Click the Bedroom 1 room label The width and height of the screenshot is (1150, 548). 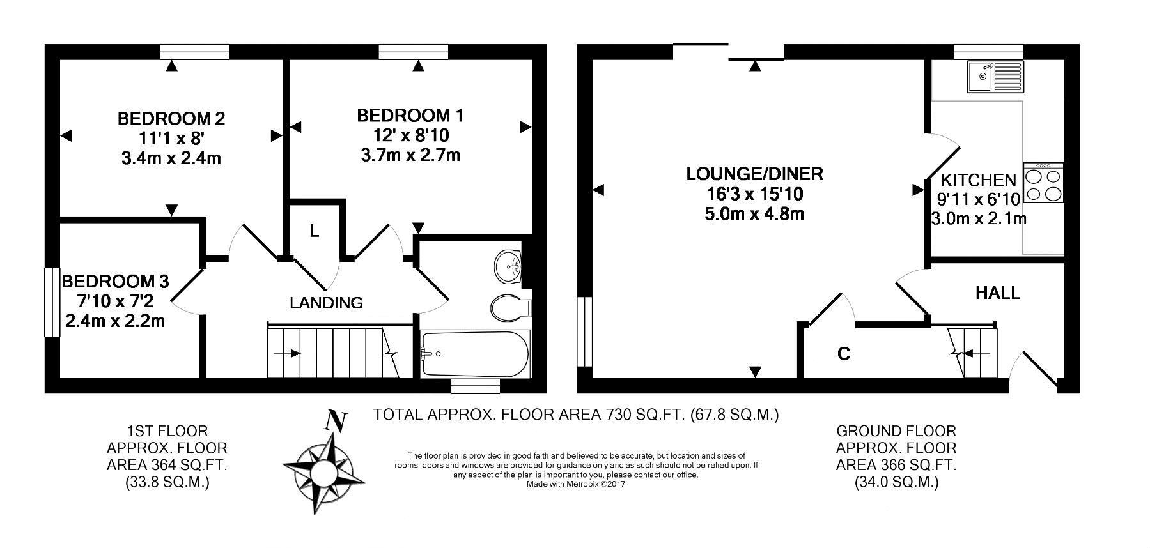[x=410, y=116]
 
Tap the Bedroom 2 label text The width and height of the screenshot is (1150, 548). [x=171, y=119]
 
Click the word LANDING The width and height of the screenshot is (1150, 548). [x=326, y=303]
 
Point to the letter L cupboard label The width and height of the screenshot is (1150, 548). [x=314, y=231]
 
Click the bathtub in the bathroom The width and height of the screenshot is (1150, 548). [x=474, y=353]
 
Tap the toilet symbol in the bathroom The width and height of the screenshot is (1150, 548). [x=509, y=307]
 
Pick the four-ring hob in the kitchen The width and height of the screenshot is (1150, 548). [x=1043, y=183]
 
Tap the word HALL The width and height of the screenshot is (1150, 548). [x=997, y=293]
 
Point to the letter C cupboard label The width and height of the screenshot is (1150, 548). [x=844, y=354]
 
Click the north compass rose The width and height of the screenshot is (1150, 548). [x=325, y=466]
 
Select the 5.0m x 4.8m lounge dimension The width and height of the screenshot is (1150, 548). [x=754, y=213]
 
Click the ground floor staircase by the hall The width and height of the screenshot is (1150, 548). [x=973, y=352]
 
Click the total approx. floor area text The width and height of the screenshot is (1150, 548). [x=576, y=415]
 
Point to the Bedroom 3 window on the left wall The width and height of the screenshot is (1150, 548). [x=48, y=302]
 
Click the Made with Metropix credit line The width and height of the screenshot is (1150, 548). [x=575, y=484]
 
